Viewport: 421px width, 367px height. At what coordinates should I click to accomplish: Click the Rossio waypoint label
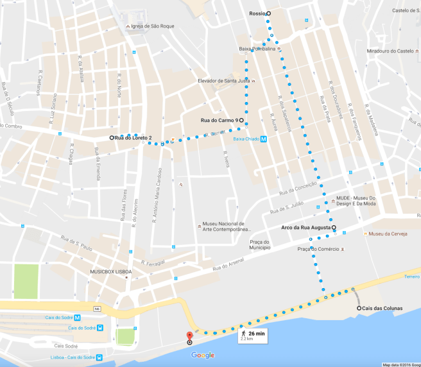(257, 13)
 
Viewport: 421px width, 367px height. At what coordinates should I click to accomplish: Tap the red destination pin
(189, 336)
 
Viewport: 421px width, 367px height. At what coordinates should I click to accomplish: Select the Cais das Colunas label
(382, 309)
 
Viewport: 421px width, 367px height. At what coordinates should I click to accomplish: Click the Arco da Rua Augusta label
(305, 227)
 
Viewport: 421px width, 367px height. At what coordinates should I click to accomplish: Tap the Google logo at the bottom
(202, 355)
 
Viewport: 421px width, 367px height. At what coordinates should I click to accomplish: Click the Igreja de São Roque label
(153, 26)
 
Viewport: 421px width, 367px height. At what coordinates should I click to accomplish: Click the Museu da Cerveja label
(389, 234)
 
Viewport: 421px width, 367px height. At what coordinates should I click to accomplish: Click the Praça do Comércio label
(320, 248)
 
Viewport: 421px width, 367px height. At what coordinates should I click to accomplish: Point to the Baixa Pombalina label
(257, 49)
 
